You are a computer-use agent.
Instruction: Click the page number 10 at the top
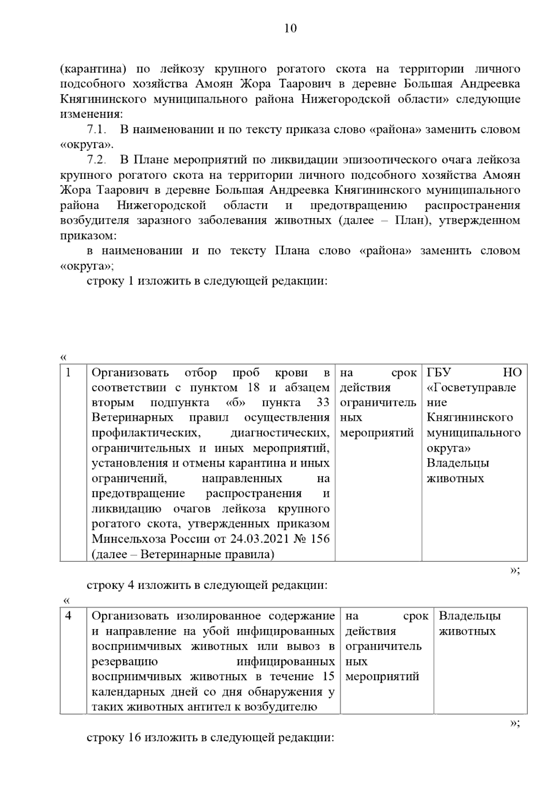coord(290,28)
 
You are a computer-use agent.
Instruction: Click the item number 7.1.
coord(98,129)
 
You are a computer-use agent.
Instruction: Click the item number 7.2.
coord(98,160)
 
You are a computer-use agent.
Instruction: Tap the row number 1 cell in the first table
coord(69,373)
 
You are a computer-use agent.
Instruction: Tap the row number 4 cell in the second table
coord(69,616)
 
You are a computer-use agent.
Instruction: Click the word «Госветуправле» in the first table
coord(471,388)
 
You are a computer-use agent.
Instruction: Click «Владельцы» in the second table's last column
coord(469,616)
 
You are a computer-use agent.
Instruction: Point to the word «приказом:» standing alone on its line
coord(88,236)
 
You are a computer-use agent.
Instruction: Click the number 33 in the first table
coord(323,403)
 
